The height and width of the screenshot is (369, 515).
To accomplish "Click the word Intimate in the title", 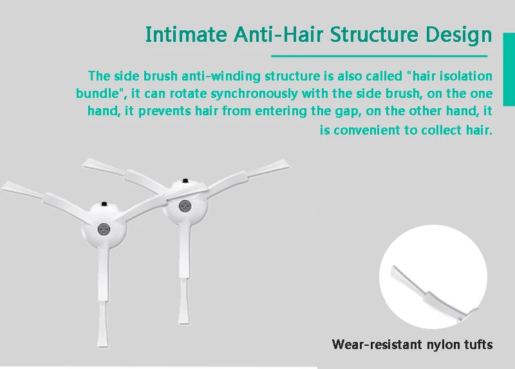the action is (186, 34).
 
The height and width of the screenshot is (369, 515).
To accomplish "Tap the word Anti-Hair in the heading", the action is (279, 34).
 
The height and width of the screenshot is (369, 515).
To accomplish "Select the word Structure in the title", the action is (374, 34).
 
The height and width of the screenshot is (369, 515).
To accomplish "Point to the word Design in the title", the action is (459, 35).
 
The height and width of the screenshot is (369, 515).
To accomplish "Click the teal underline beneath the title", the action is (379, 56).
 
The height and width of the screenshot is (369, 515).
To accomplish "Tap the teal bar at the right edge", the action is (509, 70).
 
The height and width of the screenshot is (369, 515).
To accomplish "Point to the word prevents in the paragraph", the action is (164, 111).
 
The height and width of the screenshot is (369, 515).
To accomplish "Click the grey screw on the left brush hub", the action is (104, 230).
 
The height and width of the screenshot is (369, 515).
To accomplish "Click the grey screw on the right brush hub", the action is (185, 206).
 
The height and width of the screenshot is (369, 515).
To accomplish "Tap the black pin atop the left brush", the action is (104, 204).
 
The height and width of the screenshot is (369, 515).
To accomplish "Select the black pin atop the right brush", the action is (185, 181).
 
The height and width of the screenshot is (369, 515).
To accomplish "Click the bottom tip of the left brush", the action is (103, 347).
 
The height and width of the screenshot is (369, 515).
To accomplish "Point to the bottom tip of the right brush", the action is (183, 324).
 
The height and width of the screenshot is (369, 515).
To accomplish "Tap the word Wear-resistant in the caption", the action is (377, 345).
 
